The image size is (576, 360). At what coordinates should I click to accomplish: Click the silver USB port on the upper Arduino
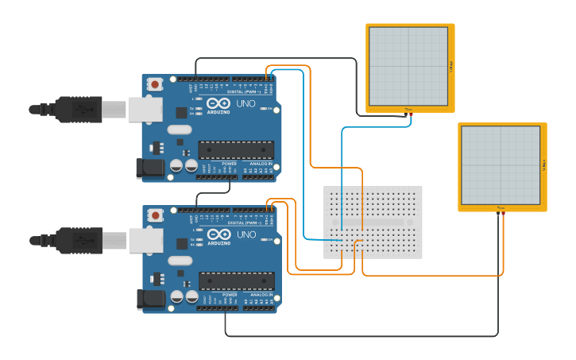tap(145, 109)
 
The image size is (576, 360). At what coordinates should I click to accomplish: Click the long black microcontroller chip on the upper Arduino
tap(236, 150)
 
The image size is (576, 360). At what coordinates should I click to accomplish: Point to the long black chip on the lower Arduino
tap(236, 281)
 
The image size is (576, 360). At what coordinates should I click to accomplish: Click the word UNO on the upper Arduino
tap(246, 104)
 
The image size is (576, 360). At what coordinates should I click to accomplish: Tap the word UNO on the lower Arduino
tap(246, 234)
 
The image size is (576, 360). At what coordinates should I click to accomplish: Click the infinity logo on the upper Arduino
tap(217, 103)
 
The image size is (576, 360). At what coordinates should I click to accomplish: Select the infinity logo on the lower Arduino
tap(217, 234)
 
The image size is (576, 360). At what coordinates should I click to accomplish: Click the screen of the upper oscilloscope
tap(408, 65)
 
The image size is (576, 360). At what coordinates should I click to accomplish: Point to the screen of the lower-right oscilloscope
tap(501, 165)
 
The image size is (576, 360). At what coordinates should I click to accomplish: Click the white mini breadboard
tap(373, 222)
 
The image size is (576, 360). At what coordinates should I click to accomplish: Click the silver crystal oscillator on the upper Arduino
tap(180, 130)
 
